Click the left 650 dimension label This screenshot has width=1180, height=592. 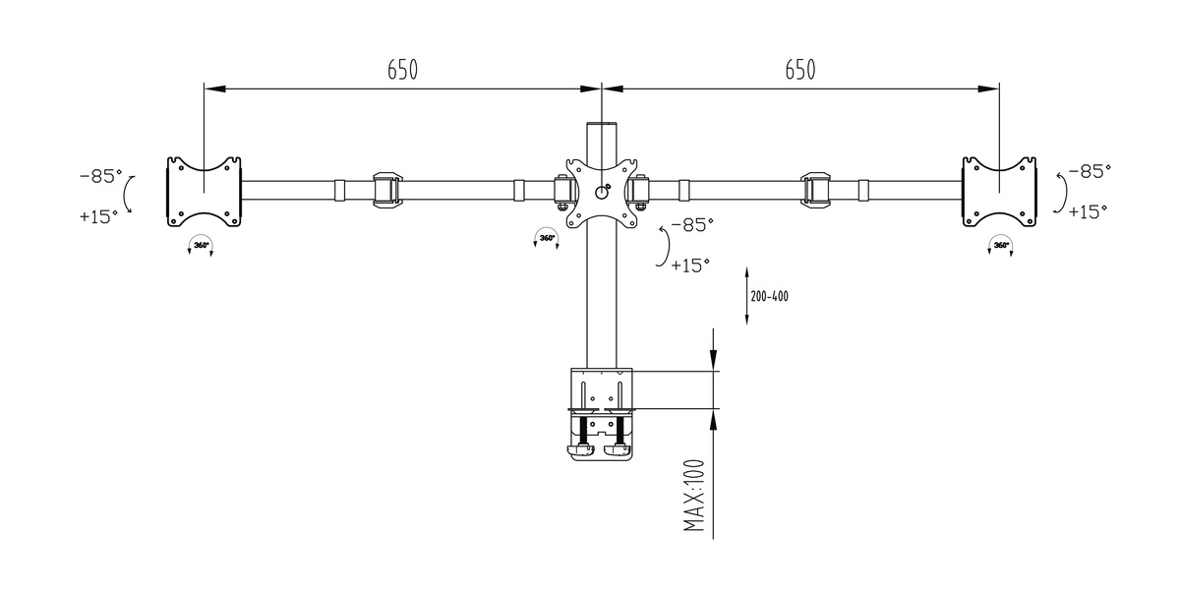(402, 70)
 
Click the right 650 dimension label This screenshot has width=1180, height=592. (800, 70)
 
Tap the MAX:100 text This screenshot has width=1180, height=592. (694, 495)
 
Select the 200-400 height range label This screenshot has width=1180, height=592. (770, 297)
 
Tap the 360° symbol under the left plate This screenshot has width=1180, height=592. (201, 246)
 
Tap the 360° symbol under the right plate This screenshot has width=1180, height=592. (1000, 246)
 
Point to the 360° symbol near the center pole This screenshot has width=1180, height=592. (547, 238)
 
